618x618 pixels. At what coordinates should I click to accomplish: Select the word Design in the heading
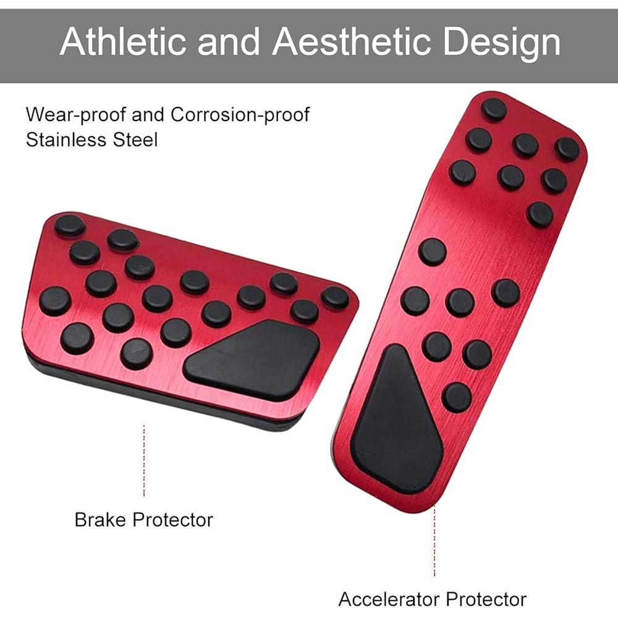505,43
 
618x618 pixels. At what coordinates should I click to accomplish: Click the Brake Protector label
143,519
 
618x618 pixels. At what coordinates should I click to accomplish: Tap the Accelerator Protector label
432,599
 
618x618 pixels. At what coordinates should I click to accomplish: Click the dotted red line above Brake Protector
144,460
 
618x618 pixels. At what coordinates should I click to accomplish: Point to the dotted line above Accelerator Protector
434,541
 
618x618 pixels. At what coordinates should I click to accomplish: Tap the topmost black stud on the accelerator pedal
494,110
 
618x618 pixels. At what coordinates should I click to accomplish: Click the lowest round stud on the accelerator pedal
457,397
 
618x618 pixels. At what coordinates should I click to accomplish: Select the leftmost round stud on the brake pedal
55,301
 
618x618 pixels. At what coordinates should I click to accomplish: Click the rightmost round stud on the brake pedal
335,297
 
